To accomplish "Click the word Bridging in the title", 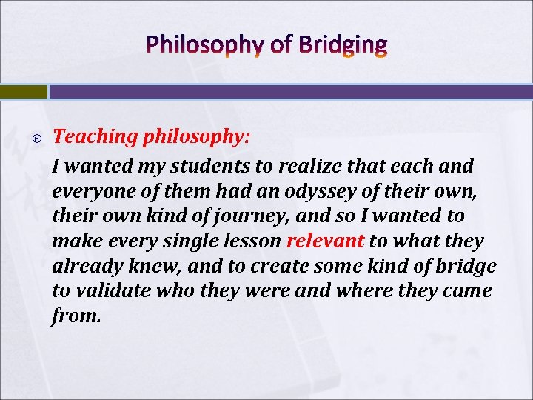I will (x=343, y=46).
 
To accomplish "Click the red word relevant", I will (x=325, y=241).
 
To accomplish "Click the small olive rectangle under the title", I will (x=23, y=91).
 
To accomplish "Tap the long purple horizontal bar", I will (x=291, y=91).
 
